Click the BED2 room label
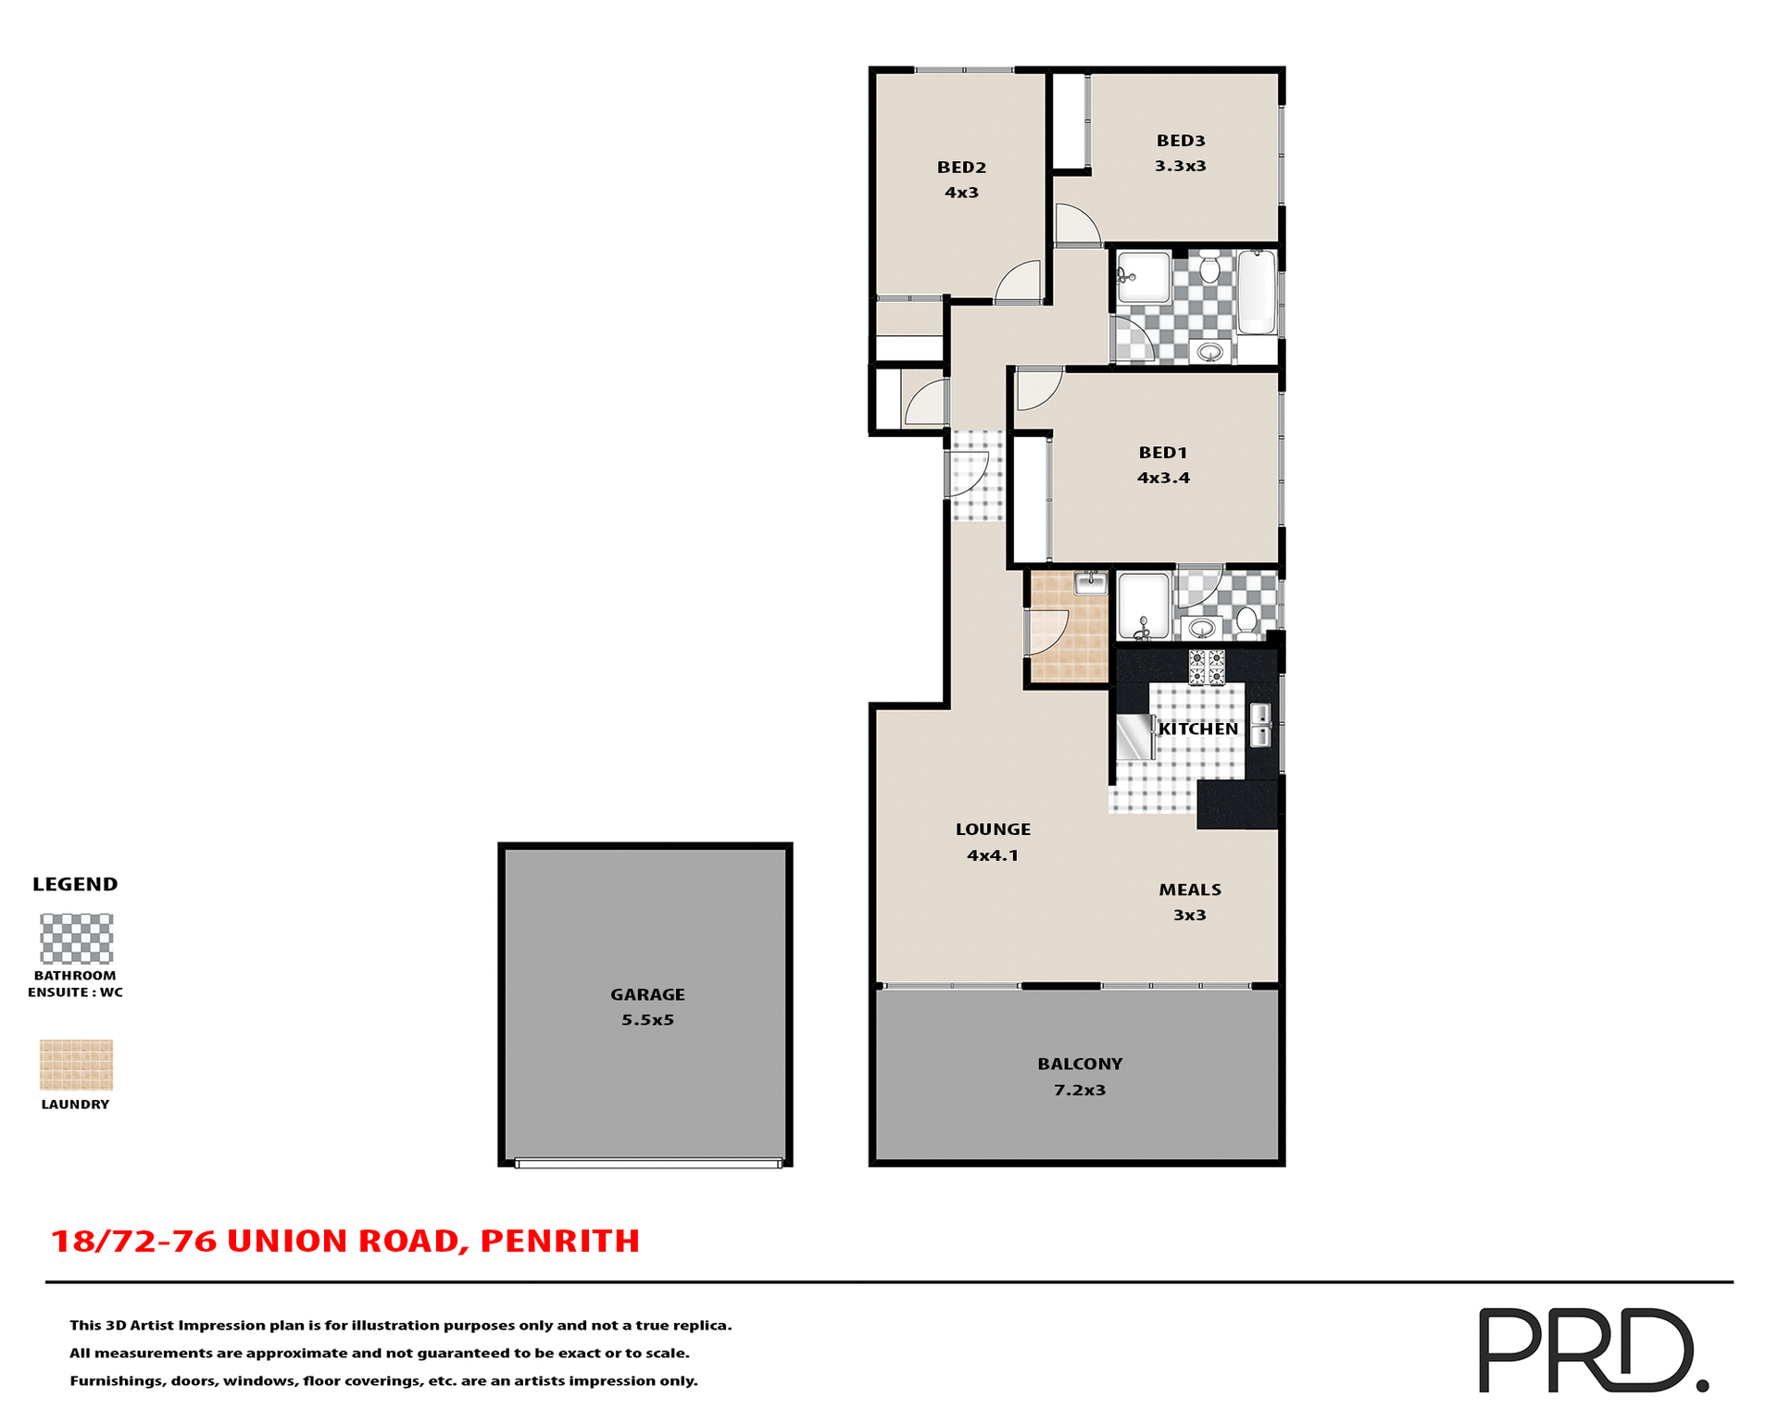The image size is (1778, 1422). [x=961, y=168]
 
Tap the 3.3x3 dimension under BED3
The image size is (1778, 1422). [x=1180, y=167]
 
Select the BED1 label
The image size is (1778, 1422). [x=1162, y=453]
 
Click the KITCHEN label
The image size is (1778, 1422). [x=1197, y=730]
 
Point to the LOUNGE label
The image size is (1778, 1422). [x=993, y=829]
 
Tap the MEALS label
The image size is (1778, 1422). [x=1190, y=890]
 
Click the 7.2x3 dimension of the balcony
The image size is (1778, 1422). [x=1079, y=1091]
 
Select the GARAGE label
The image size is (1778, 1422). [x=647, y=994]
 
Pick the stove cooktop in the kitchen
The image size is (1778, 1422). [x=1207, y=667]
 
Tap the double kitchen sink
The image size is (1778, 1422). [x=1260, y=725]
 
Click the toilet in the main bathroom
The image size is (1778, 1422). [x=1208, y=269]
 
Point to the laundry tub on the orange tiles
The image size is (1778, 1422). [x=1091, y=583]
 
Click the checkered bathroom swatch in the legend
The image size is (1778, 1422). [x=76, y=939]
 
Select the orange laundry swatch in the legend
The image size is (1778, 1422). [x=76, y=1065]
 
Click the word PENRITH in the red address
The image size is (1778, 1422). [x=559, y=1241]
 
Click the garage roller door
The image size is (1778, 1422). [x=647, y=1164]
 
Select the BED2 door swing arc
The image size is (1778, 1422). [x=1020, y=281]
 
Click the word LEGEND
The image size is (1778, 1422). [x=75, y=884]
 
